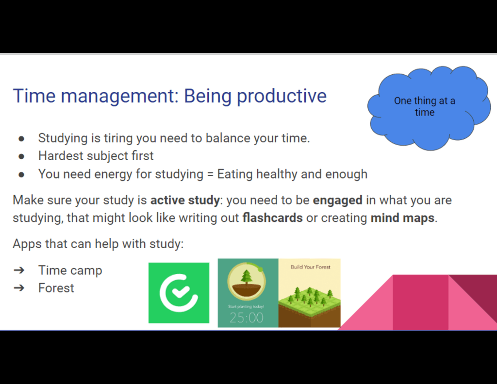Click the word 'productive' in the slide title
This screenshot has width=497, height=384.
coord(282,97)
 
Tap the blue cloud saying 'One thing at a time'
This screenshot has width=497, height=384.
coord(429,108)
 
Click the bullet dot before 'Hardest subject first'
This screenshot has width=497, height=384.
coord(21,156)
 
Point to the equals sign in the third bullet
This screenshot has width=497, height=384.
coord(210,175)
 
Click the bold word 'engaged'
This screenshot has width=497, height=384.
coord(338,200)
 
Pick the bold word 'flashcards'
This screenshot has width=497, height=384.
coord(273,218)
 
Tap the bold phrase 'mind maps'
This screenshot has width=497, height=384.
coord(402,218)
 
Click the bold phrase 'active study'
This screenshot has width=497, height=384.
coord(185,200)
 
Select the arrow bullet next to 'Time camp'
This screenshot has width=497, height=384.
coord(19,270)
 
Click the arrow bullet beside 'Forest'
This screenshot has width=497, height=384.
coord(19,288)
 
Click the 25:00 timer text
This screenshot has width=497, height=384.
coord(246,317)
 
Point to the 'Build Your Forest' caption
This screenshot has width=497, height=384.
coord(311,267)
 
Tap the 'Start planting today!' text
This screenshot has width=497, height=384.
coord(246,306)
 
